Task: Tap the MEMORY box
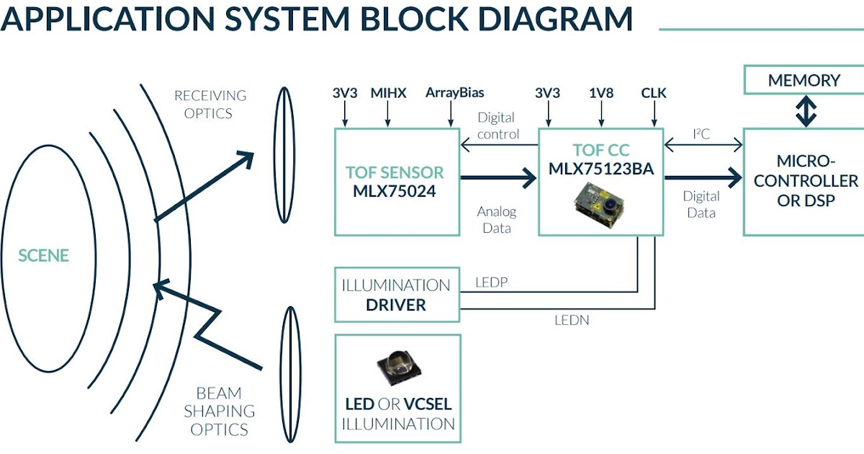pos(804,80)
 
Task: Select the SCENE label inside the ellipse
pos(44,256)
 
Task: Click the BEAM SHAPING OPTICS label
pos(219,411)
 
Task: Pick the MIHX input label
pos(388,93)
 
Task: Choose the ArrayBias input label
pos(454,93)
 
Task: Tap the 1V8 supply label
pos(601,93)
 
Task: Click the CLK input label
pos(654,93)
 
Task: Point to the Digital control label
pos(498,125)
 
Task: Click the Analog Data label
pos(497,220)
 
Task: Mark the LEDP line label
pos(492,282)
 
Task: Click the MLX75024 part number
pos(395,192)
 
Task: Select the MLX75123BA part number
pos(600,169)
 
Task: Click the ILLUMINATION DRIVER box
pos(397,295)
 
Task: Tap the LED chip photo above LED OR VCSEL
pos(397,368)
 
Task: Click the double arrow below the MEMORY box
pos(804,111)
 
